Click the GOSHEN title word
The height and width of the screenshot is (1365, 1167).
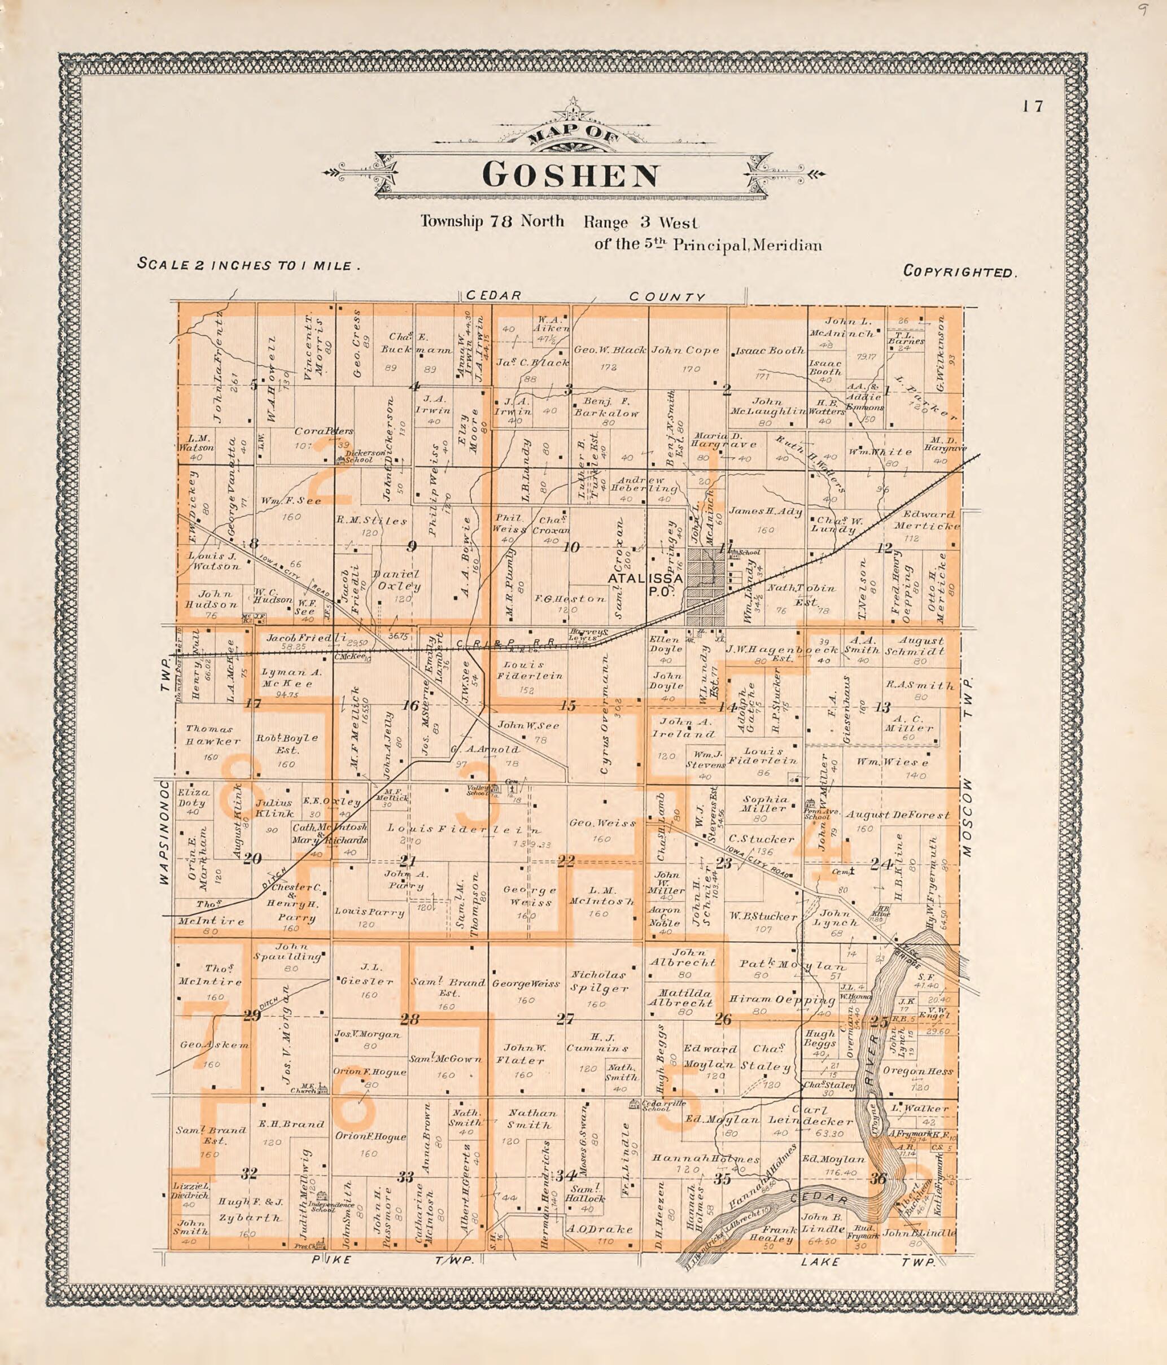click(571, 176)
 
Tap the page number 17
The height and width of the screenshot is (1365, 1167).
click(1033, 106)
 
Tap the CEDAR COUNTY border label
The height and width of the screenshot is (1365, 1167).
click(583, 296)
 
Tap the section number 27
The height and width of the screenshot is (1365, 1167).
click(565, 1019)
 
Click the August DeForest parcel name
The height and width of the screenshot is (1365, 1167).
click(898, 815)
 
